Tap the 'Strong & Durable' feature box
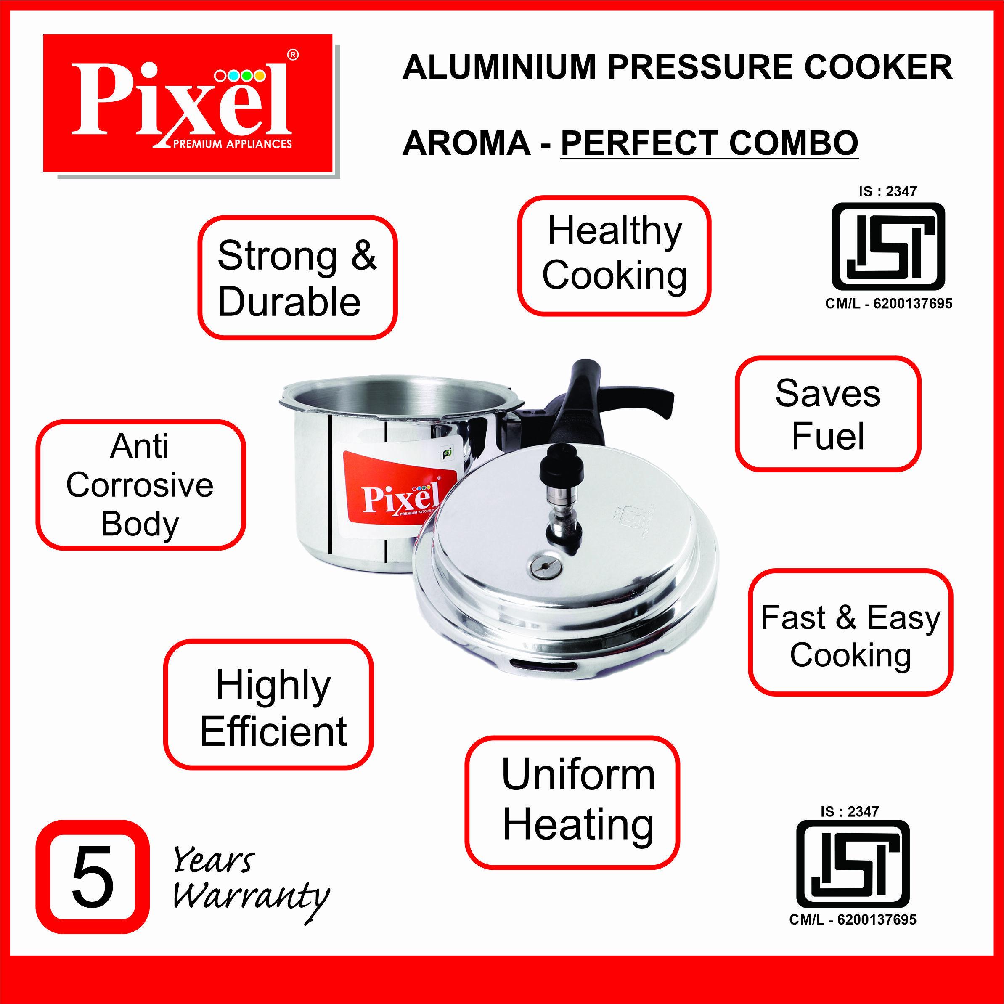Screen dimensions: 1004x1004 click(x=297, y=278)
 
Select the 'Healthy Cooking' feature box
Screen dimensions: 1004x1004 click(x=614, y=255)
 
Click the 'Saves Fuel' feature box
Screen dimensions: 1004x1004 click(x=828, y=413)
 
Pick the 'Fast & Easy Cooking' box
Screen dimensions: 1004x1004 click(x=851, y=632)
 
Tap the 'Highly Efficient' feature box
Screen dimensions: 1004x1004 click(x=269, y=704)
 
